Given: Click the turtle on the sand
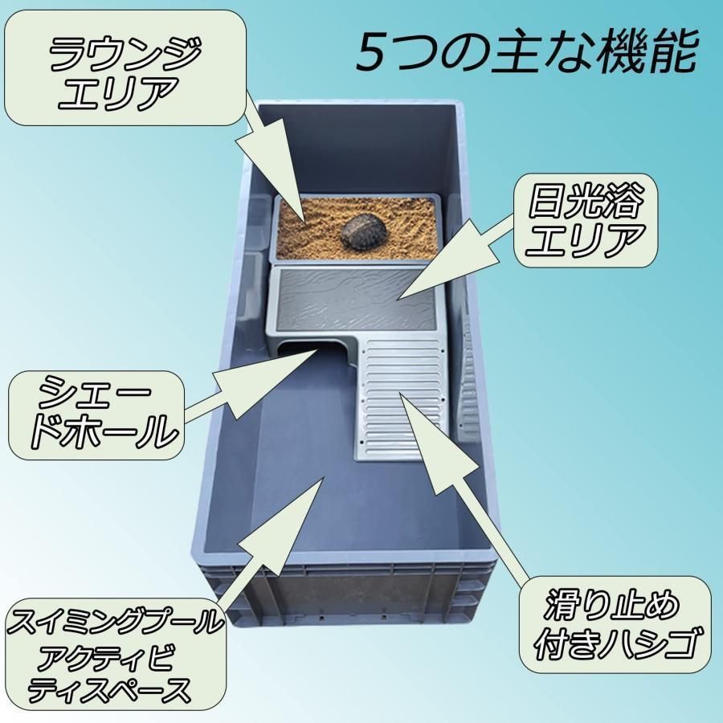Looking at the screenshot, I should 363,231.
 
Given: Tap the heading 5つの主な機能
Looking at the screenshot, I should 525,52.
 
